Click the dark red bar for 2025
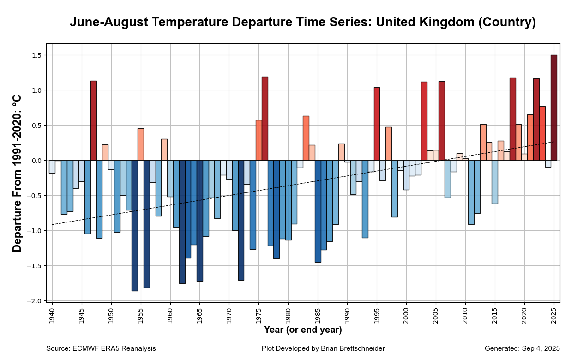click(x=554, y=108)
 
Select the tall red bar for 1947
click(x=93, y=120)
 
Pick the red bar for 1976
click(x=265, y=119)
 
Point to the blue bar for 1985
click(x=318, y=211)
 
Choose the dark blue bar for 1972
click(x=241, y=220)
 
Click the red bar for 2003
click(x=424, y=121)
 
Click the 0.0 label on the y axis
click(x=36, y=161)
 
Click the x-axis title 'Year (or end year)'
click(x=303, y=330)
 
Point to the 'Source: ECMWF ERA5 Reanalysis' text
click(x=101, y=348)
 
